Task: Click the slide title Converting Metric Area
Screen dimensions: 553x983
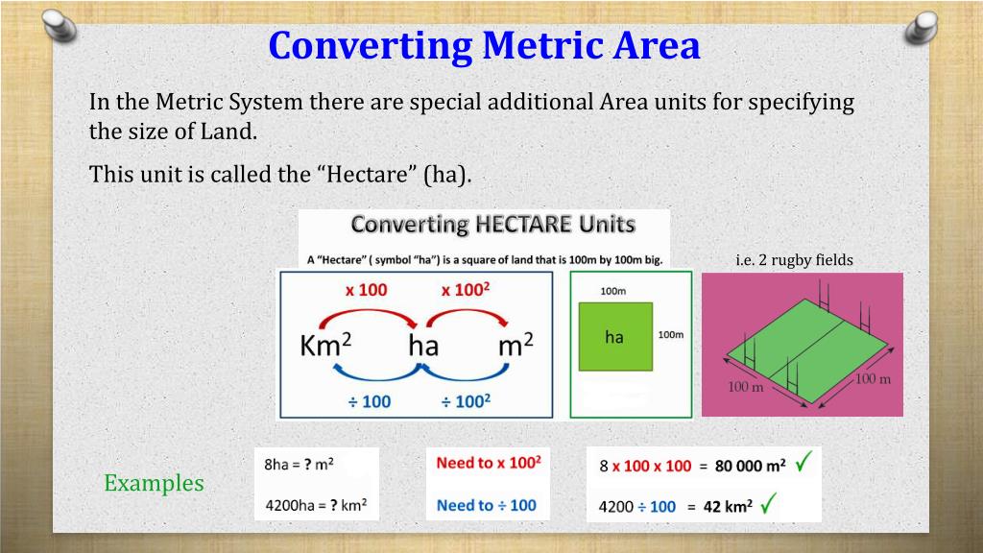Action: click(x=484, y=45)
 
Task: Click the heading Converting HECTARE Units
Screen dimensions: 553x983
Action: click(x=492, y=225)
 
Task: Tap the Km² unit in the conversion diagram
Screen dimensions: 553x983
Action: click(x=321, y=346)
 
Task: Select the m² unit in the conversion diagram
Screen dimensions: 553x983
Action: click(x=515, y=346)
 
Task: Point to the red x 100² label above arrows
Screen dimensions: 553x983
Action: click(x=466, y=290)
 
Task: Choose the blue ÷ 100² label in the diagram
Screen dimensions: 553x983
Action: click(x=466, y=400)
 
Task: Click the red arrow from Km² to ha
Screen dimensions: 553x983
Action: click(x=366, y=317)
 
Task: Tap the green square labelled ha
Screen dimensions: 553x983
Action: click(x=614, y=337)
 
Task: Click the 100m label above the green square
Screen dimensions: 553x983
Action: click(x=613, y=290)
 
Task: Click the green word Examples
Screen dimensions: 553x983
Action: click(x=154, y=483)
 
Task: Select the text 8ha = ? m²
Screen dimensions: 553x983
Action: click(x=299, y=464)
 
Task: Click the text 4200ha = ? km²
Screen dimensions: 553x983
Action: click(x=315, y=503)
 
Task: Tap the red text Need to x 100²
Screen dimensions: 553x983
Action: click(x=488, y=463)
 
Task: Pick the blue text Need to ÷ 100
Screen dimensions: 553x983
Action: click(x=486, y=504)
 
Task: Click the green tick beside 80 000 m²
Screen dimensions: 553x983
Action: click(x=803, y=464)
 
